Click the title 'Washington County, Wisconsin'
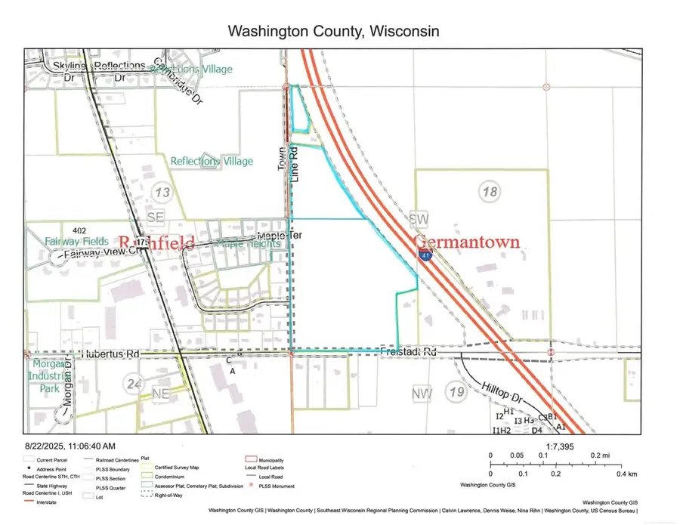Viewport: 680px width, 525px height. tap(333, 32)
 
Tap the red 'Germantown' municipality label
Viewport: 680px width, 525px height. tap(467, 242)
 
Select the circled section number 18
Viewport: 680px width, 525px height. tap(489, 192)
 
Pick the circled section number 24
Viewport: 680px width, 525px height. tap(133, 384)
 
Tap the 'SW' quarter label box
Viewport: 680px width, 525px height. tap(419, 218)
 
